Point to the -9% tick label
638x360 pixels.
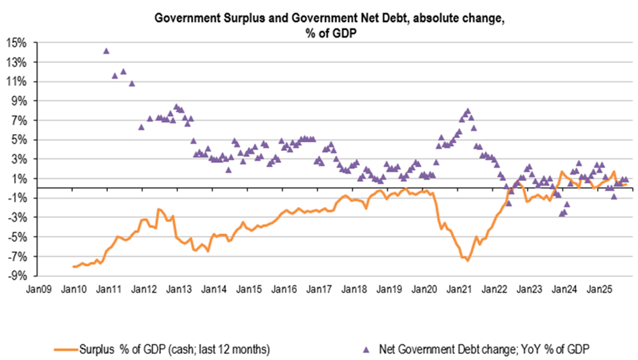point(17,276)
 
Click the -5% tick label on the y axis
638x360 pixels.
point(17,237)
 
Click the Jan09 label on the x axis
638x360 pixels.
point(38,290)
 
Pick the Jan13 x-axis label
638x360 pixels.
point(179,290)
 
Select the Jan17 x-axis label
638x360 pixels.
point(319,290)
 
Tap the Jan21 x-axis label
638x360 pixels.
point(460,290)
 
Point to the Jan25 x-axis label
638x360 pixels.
point(600,290)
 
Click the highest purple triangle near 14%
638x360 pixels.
point(106,50)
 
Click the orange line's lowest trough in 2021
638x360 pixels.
point(468,260)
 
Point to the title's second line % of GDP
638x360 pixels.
point(328,32)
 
